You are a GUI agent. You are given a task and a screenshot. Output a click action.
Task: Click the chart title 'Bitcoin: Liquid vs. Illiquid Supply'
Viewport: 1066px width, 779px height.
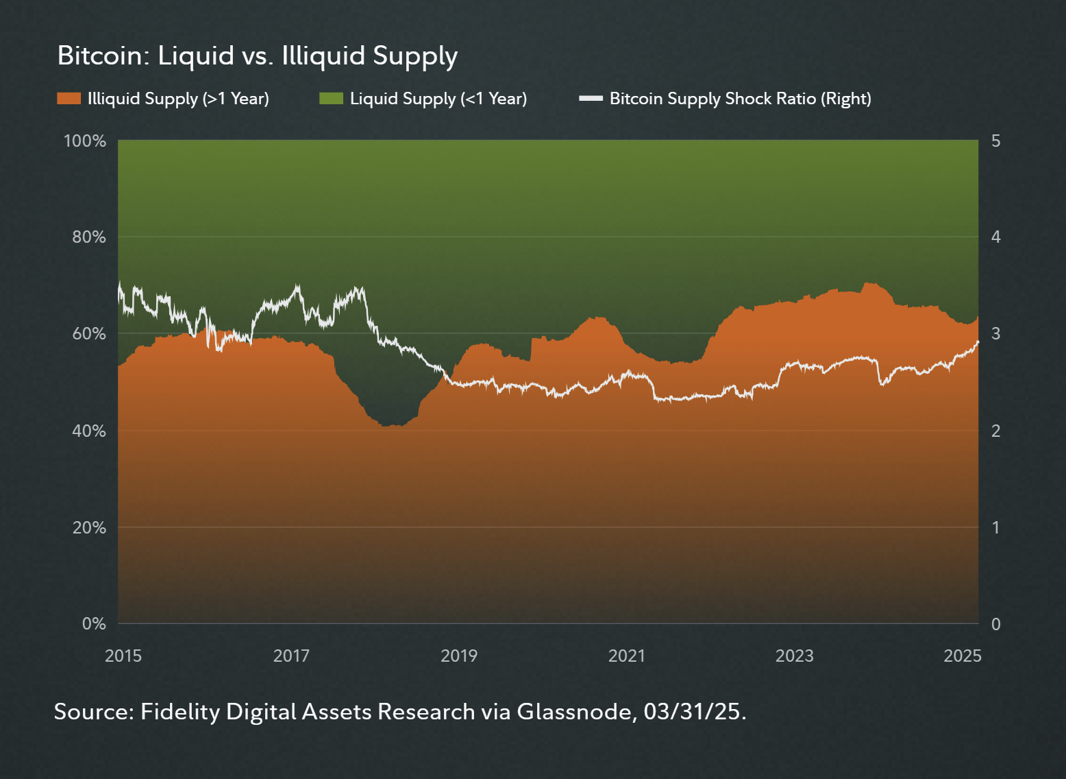tap(257, 56)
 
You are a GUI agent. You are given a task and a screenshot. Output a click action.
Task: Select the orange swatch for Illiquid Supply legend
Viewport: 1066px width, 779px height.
tap(69, 99)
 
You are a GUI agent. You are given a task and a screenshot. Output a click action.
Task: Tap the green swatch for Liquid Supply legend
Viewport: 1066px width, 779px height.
tap(331, 99)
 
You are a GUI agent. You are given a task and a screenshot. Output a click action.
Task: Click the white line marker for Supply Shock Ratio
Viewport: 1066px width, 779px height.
tap(591, 99)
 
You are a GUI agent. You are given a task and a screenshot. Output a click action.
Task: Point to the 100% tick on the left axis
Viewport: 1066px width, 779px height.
tap(85, 141)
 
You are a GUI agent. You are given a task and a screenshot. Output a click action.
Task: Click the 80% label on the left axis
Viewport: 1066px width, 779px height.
tap(89, 237)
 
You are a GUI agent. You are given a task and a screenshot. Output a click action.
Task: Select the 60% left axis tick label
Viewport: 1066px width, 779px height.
tap(89, 334)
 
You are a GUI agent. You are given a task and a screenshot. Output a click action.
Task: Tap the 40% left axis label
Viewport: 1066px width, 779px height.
tap(89, 431)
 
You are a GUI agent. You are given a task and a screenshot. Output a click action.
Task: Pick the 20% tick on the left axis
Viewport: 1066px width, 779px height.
tap(89, 527)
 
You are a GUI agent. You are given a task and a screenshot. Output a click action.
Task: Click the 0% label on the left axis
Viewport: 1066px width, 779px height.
tap(94, 624)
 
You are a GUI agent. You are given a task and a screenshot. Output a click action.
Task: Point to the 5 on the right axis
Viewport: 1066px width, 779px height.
tap(995, 141)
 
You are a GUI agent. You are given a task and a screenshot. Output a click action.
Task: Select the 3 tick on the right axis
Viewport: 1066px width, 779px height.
tap(995, 334)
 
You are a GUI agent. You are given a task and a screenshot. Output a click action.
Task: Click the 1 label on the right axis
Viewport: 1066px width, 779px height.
tap(995, 527)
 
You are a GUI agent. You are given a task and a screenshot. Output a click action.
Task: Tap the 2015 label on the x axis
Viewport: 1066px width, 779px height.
tap(123, 656)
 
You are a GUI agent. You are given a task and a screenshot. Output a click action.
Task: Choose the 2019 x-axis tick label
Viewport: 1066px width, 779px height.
tap(459, 656)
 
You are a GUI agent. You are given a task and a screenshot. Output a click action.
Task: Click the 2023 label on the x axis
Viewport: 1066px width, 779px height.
tap(794, 656)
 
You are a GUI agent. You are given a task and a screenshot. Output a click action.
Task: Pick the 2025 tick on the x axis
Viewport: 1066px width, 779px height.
tap(962, 656)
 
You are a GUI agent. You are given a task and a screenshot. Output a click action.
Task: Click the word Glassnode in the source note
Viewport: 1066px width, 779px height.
tap(573, 712)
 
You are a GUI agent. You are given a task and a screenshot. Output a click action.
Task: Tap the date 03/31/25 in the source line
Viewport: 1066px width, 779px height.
tap(692, 712)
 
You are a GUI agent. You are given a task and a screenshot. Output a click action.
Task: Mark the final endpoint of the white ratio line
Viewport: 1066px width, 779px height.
tap(978, 341)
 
